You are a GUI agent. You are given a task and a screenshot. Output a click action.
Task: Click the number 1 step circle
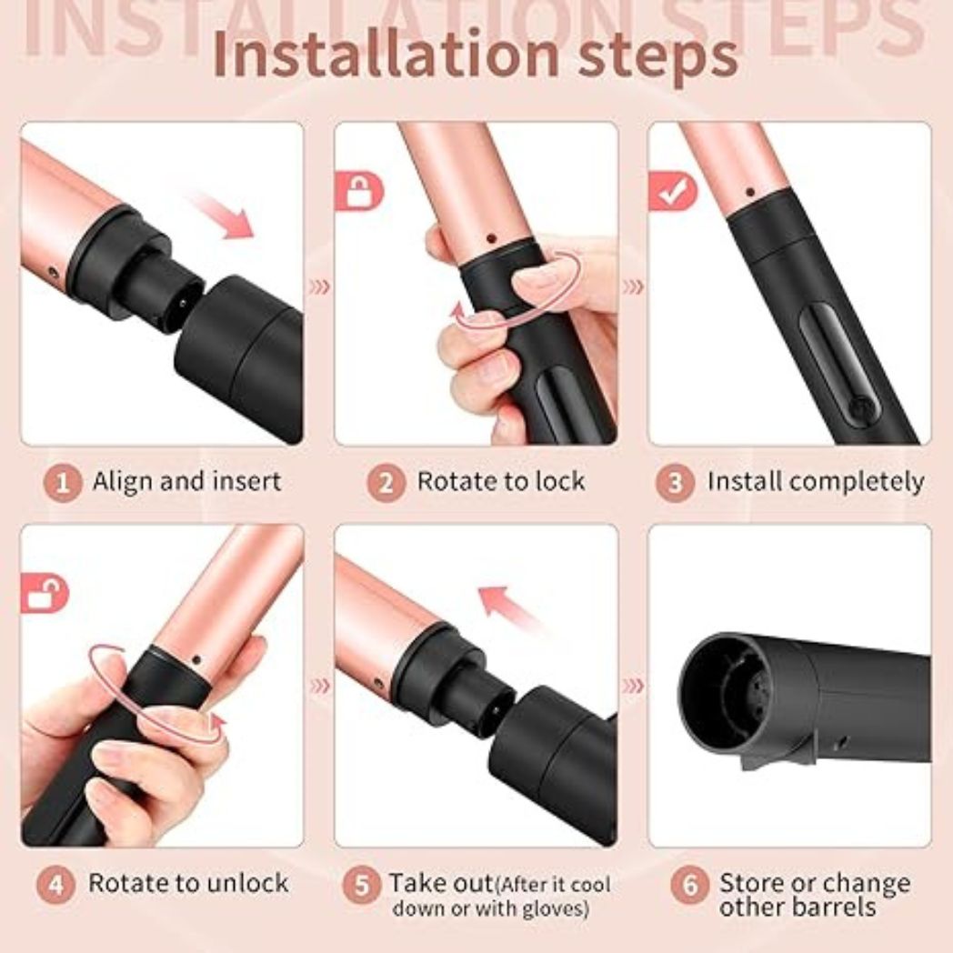pos(63,482)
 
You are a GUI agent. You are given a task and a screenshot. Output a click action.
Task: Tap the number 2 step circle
pos(386,482)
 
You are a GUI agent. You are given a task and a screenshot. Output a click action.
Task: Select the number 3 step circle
pos(674,482)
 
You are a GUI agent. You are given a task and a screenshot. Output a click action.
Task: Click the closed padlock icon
pos(360,192)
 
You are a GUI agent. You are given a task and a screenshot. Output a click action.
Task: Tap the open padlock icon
pos(45,596)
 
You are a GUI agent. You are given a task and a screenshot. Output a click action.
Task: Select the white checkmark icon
pos(672,192)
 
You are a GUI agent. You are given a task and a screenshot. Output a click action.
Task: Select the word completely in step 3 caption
pos(857,482)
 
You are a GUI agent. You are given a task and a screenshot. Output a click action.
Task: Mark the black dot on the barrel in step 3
pos(749,192)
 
